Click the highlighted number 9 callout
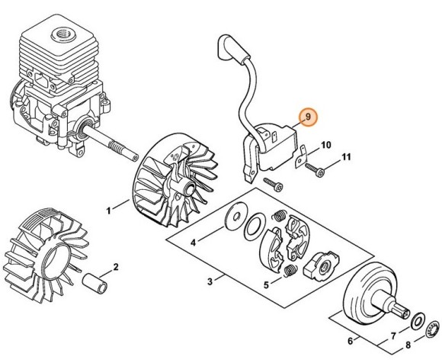308,116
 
